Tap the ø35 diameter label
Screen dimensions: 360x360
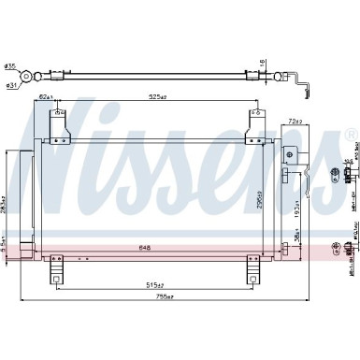[10, 66]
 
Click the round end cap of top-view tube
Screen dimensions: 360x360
[33, 78]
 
